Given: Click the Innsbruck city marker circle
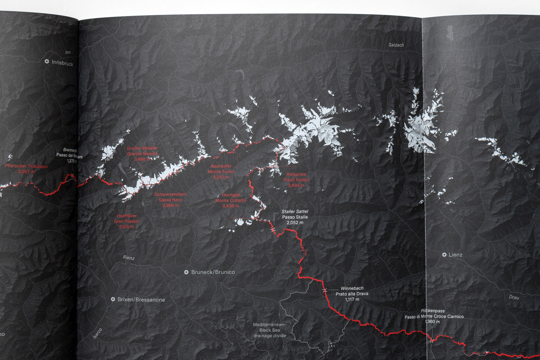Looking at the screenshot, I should coord(47,61).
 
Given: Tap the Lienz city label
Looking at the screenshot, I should coord(455,255).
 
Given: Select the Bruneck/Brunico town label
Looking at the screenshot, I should coord(213,272).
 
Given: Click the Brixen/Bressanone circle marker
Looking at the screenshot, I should coord(113,299).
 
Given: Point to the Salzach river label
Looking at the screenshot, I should coord(396,45).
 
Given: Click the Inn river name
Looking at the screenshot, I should coord(68,52).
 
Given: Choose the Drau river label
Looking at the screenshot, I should coord(513,297).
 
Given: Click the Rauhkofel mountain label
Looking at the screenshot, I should coord(220,166).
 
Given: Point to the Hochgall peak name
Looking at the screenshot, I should coord(230,195).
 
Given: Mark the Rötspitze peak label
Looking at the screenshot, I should coord(296,174).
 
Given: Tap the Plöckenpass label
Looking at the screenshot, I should coord(432,311).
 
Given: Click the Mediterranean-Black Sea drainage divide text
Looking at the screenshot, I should coord(269,330).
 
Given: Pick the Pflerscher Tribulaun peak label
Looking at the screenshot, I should coord(26,166).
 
